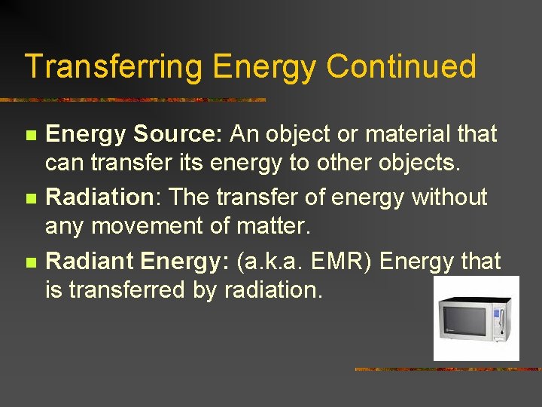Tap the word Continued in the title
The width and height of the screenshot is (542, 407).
point(401,67)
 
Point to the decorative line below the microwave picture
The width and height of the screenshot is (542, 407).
point(447,369)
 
